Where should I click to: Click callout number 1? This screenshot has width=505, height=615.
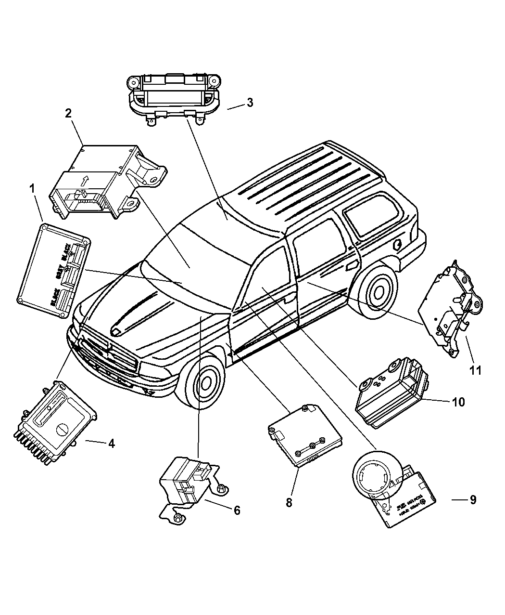pyautogui.click(x=33, y=189)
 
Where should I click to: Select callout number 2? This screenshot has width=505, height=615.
pyautogui.click(x=68, y=113)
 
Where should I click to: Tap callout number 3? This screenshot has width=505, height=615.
pyautogui.click(x=250, y=103)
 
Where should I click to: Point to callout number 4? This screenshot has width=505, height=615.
pyautogui.click(x=111, y=444)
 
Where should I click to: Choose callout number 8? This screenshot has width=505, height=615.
pyautogui.click(x=289, y=502)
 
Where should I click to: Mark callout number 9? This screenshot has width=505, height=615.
pyautogui.click(x=473, y=500)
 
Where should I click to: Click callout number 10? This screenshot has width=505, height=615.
pyautogui.click(x=458, y=402)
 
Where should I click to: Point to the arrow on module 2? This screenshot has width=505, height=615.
pyautogui.click(x=85, y=181)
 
